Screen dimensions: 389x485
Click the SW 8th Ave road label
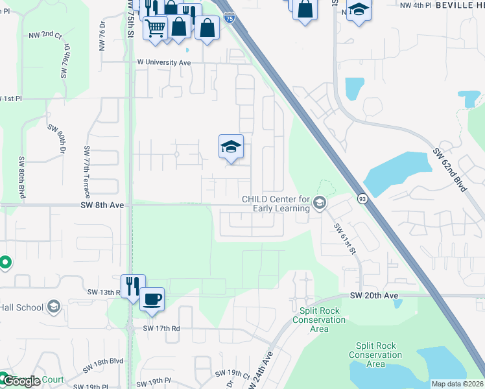pos(102,204)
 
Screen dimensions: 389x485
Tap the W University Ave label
pos(163,63)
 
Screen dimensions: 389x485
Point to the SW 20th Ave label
pos(374,295)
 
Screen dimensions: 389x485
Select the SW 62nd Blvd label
pos(450,170)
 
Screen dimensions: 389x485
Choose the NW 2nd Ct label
pos(45,34)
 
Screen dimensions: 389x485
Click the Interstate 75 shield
pos(230,19)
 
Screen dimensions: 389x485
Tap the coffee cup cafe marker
pos(152,300)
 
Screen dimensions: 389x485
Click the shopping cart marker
pos(156,28)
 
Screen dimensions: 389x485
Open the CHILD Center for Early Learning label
pos(276,204)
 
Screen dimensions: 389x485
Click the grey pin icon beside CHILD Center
pos(319,204)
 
